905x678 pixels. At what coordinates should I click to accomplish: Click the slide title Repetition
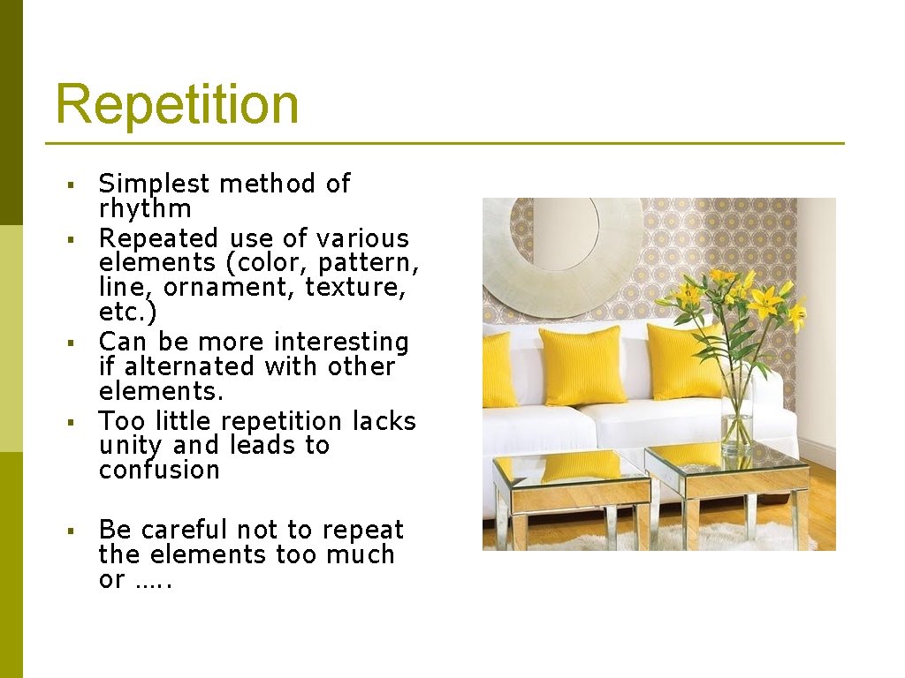177,104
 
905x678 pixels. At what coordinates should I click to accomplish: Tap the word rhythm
145,209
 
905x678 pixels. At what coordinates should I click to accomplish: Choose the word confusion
159,471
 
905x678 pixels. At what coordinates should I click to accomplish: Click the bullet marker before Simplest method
70,185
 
